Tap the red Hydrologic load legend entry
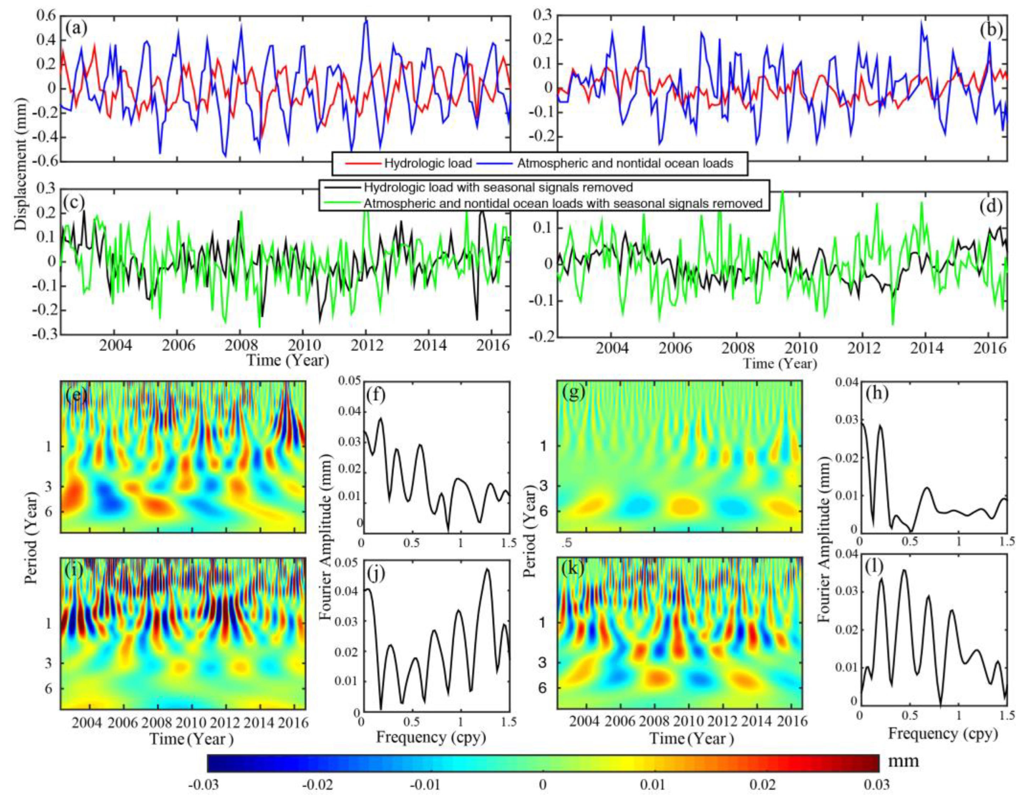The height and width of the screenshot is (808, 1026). pyautogui.click(x=409, y=164)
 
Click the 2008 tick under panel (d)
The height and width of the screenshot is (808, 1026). pyautogui.click(x=737, y=348)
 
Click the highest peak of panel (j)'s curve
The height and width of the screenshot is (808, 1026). pyautogui.click(x=487, y=569)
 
